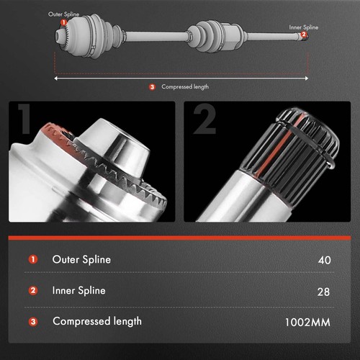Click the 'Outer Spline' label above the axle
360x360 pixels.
(x=65, y=14)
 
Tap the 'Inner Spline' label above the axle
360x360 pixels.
(x=304, y=27)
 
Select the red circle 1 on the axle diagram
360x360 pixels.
(x=63, y=22)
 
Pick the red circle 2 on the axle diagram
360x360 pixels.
(x=304, y=35)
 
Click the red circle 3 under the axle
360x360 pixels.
(x=152, y=87)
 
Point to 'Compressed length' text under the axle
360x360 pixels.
(x=185, y=87)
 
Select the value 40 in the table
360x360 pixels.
(x=323, y=260)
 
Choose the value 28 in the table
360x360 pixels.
(x=323, y=292)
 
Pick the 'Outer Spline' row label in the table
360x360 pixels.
(x=81, y=259)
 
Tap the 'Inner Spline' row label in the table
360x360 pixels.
(x=78, y=291)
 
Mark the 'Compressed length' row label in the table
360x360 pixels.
(x=96, y=322)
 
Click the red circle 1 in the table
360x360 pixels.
(x=33, y=260)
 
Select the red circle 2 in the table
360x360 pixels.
(x=33, y=292)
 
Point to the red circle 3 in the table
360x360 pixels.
(x=33, y=323)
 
